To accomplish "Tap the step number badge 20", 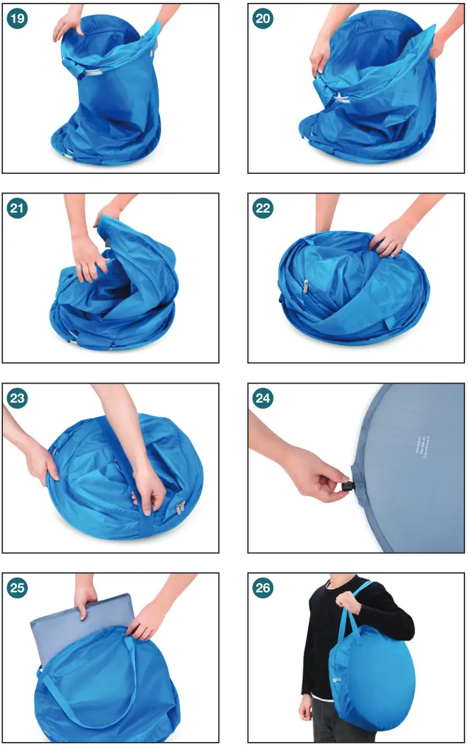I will (263, 19).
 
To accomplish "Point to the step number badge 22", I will (263, 208).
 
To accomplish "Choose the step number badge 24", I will (263, 398).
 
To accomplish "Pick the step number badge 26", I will (263, 588).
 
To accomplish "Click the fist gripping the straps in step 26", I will (351, 603).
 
